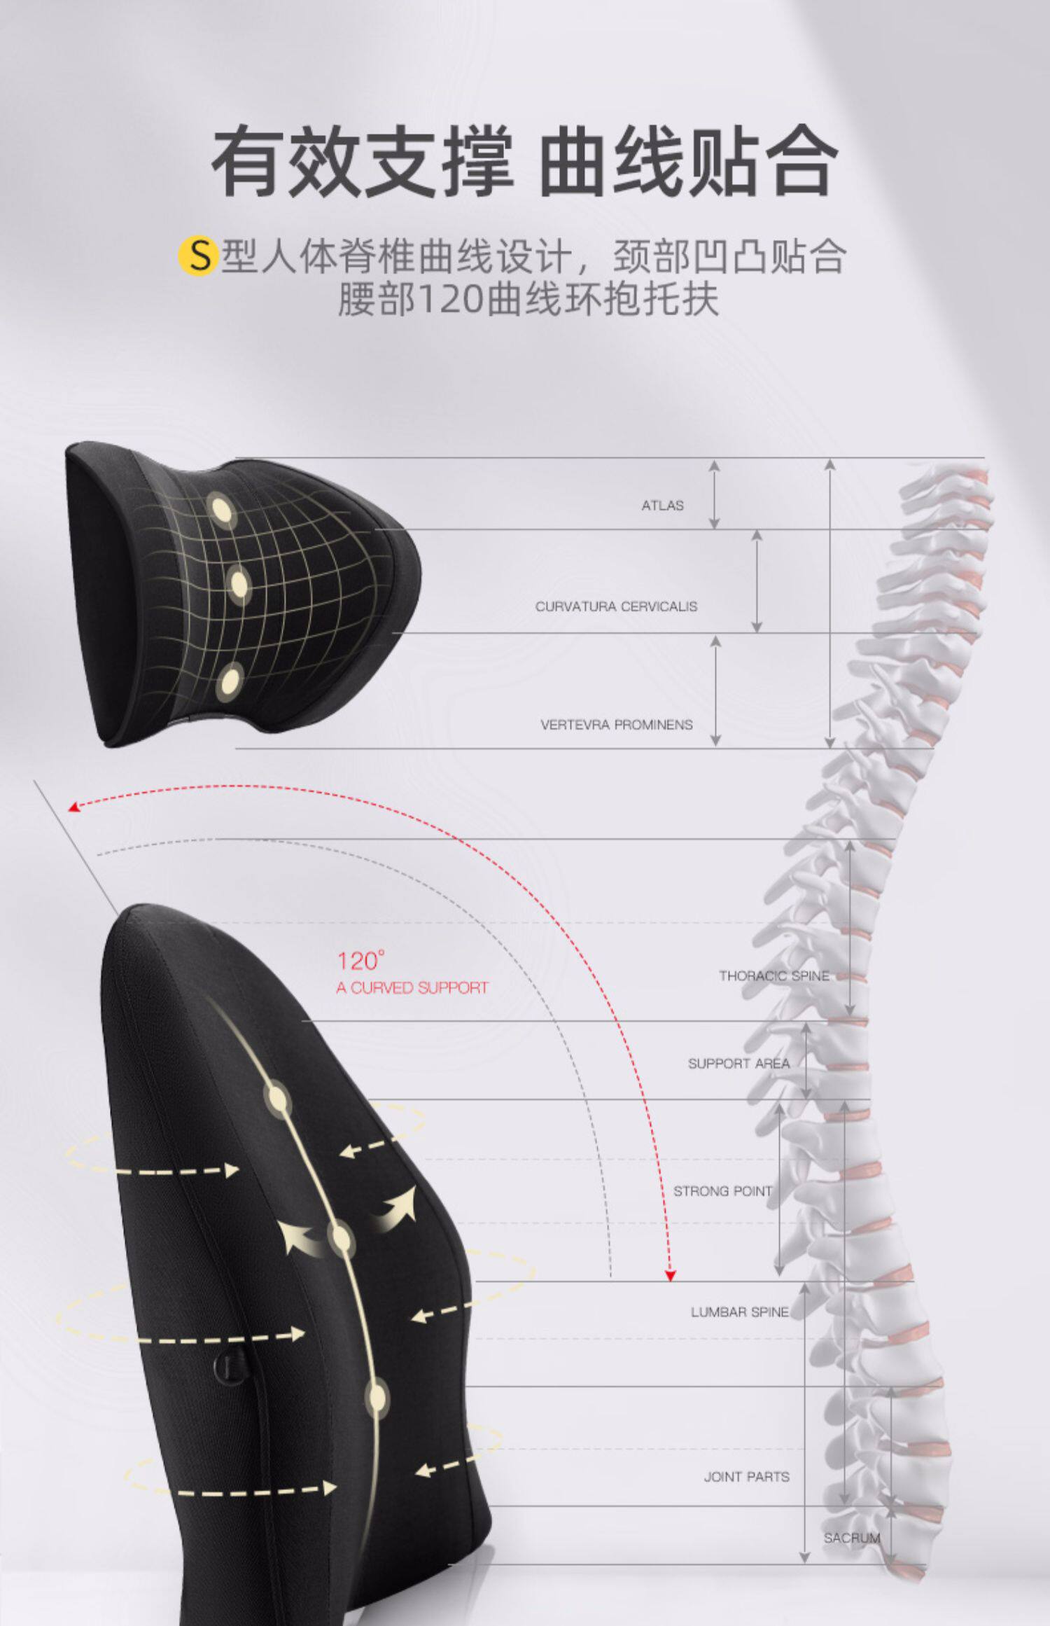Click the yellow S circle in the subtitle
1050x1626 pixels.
pyautogui.click(x=198, y=256)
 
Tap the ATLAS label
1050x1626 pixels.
pyautogui.click(x=662, y=505)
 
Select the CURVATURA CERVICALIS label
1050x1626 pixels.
pyautogui.click(x=616, y=606)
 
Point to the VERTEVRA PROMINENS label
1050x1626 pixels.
pyautogui.click(x=616, y=725)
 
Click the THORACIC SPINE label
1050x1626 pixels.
pyautogui.click(x=774, y=975)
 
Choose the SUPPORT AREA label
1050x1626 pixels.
pyautogui.click(x=738, y=1063)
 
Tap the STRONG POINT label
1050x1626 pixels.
pyautogui.click(x=722, y=1190)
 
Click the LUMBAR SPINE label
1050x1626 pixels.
pyautogui.click(x=740, y=1312)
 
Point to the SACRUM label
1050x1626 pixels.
pyautogui.click(x=852, y=1538)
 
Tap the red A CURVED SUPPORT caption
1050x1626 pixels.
pyautogui.click(x=412, y=987)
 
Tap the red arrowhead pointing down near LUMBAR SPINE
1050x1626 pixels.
pyautogui.click(x=670, y=1276)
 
